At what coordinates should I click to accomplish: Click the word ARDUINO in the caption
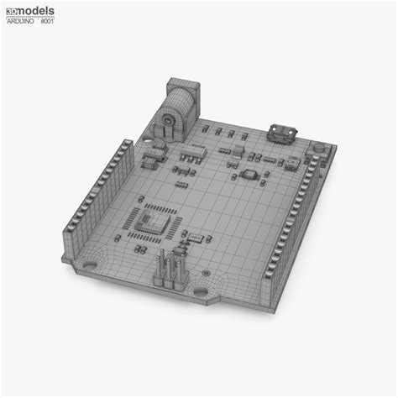coord(18,21)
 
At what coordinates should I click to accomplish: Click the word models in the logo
coord(37,9)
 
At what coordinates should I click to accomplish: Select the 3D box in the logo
coord(11,9)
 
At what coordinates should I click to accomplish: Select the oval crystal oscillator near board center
coord(249,175)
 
